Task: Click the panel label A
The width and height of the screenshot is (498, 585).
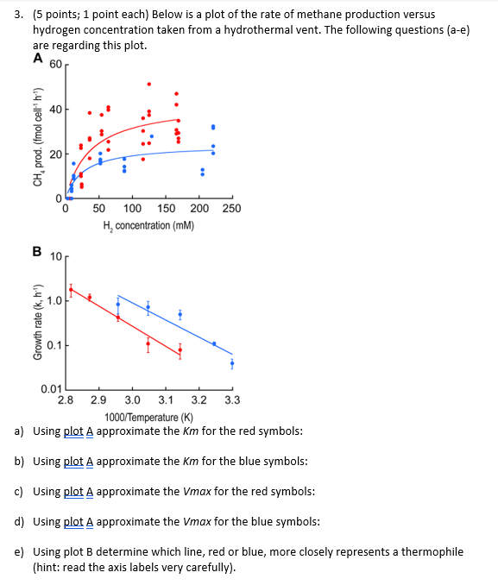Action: click(x=37, y=59)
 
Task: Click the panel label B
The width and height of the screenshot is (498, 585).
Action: click(x=37, y=252)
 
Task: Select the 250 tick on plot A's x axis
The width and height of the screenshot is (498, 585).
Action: click(x=231, y=209)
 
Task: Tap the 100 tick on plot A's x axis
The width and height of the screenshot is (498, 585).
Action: click(x=132, y=209)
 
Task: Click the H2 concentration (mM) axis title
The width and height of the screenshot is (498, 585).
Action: click(x=148, y=225)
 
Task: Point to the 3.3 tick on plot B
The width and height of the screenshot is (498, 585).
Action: click(x=232, y=400)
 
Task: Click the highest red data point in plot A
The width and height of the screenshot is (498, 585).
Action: click(x=148, y=84)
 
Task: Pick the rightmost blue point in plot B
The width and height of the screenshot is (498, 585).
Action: click(x=232, y=363)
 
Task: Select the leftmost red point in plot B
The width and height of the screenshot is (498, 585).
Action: click(x=71, y=291)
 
